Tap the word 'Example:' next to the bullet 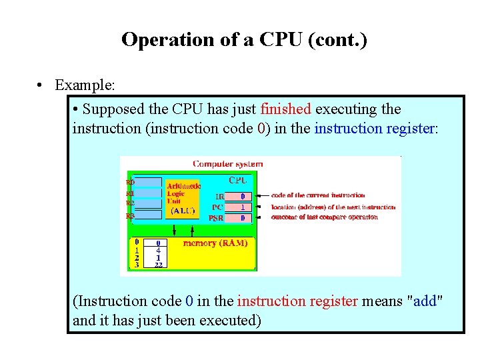pos(85,85)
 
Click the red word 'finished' pos(285,109)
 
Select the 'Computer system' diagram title pos(227,163)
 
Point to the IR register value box pos(242,197)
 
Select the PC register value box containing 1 pos(242,207)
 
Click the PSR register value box pos(242,218)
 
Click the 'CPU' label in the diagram pos(239,180)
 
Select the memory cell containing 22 pos(159,265)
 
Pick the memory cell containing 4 pos(159,250)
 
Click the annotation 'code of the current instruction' pos(318,195)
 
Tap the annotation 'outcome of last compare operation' pos(325,217)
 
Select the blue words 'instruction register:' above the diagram pos(376,127)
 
